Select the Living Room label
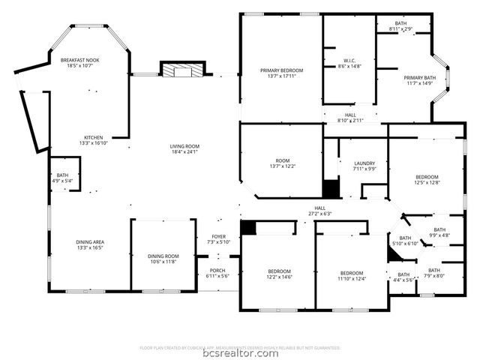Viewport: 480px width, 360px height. [x=184, y=148]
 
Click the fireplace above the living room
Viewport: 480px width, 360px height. [x=183, y=71]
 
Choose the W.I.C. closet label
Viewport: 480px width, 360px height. [x=349, y=63]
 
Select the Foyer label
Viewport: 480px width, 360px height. [x=219, y=238]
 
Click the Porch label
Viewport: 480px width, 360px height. [x=217, y=273]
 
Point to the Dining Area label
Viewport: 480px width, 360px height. [x=90, y=244]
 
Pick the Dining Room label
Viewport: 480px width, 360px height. [x=161, y=259]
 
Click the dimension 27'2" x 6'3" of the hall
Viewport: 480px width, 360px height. [x=319, y=214]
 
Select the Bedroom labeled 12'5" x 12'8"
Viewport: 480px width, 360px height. [x=426, y=178]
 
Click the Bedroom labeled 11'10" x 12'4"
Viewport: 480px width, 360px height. [x=351, y=276]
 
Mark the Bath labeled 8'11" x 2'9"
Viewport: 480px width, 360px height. [x=401, y=27]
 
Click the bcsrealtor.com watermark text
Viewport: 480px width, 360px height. [x=240, y=353]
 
